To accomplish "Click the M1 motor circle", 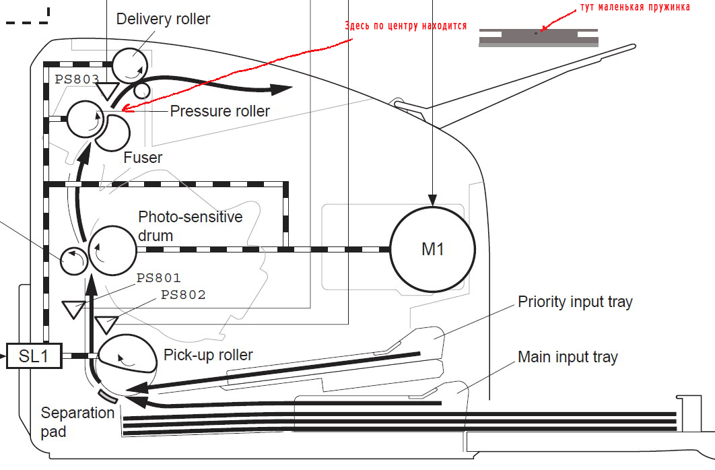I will point(432,249).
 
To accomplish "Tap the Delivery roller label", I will point(163,19).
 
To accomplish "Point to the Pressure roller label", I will point(219,111).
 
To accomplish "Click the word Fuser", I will point(143,158).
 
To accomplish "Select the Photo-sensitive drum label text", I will point(190,226).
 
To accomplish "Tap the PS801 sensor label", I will point(159,277).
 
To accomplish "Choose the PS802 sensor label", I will point(183,295).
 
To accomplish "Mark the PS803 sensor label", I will point(77,79).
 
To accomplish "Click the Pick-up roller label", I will point(208,355).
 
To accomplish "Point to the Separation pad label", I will point(77,422).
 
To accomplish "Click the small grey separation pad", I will point(108,395).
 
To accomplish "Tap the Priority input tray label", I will point(575,302).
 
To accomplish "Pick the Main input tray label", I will point(567,357).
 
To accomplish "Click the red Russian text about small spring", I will point(634,7).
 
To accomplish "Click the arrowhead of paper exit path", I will point(283,89).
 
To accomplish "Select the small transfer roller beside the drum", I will point(73,260).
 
